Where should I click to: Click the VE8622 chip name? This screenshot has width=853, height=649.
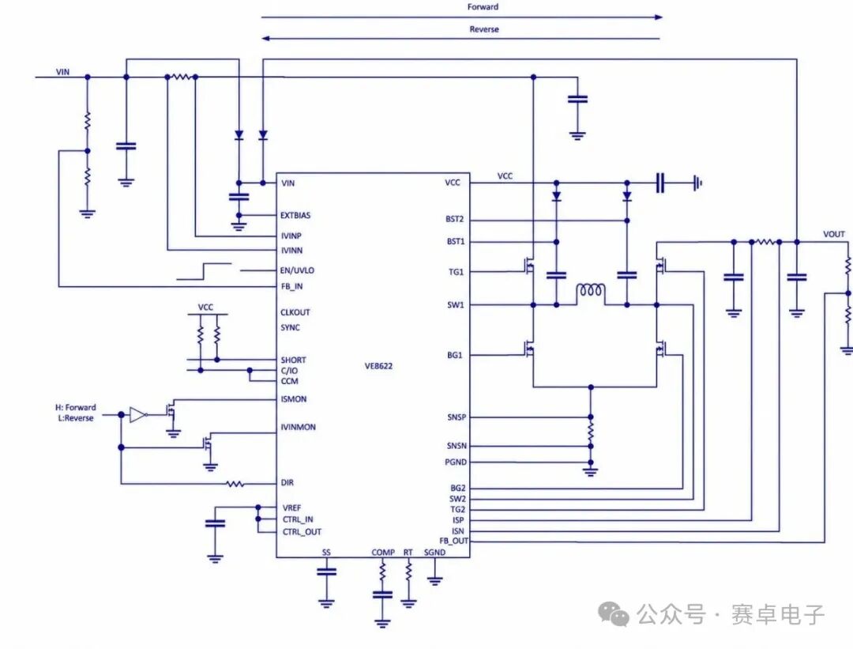pyautogui.click(x=378, y=366)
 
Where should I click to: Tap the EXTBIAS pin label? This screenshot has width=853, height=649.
pyautogui.click(x=295, y=215)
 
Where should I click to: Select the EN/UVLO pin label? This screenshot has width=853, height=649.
pyautogui.click(x=297, y=270)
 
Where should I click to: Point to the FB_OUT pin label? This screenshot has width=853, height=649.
pyautogui.click(x=453, y=541)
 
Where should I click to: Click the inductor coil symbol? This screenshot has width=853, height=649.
pyautogui.click(x=590, y=291)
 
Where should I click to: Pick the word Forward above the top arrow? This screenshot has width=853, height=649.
pyautogui.click(x=483, y=7)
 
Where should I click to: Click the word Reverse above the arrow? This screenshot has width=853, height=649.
pyautogui.click(x=483, y=29)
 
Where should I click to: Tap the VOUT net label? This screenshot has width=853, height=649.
pyautogui.click(x=833, y=234)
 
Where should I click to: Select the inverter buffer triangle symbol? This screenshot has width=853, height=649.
pyautogui.click(x=138, y=415)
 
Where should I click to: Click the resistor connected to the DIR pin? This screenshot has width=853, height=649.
pyautogui.click(x=235, y=483)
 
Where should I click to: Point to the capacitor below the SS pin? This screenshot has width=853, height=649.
pyautogui.click(x=326, y=572)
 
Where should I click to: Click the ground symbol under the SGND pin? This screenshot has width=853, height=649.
pyautogui.click(x=434, y=580)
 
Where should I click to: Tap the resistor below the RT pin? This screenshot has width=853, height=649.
pyautogui.click(x=408, y=572)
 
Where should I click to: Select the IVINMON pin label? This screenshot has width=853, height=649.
pyautogui.click(x=298, y=427)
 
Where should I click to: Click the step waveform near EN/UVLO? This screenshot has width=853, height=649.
pyautogui.click(x=204, y=271)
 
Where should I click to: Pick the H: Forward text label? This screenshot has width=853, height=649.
pyautogui.click(x=76, y=407)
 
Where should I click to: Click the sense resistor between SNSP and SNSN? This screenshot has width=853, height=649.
pyautogui.click(x=591, y=432)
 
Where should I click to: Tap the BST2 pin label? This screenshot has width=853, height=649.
pyautogui.click(x=454, y=219)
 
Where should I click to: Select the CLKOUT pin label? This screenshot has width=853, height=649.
pyautogui.click(x=295, y=312)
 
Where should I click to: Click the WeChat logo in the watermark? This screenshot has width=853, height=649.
pyautogui.click(x=614, y=614)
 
